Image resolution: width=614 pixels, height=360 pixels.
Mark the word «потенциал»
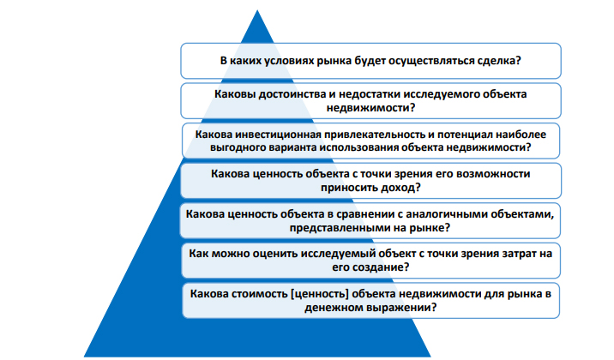pyautogui.click(x=468, y=135)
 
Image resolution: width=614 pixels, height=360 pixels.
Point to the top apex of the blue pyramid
pyautogui.click(x=257, y=10)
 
